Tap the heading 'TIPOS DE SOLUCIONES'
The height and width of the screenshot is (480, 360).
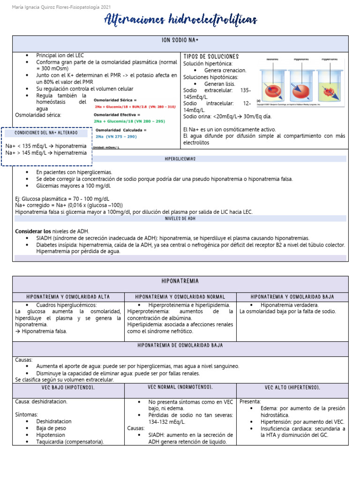pyautogui.click(x=211, y=56)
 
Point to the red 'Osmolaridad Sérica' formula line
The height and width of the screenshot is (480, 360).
pyautogui.click(x=135, y=107)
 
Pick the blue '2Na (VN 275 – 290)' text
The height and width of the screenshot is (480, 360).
pyautogui.click(x=116, y=136)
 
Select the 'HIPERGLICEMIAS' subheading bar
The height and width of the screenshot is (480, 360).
pyautogui.click(x=180, y=159)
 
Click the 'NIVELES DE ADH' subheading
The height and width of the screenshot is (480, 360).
pyautogui.click(x=180, y=218)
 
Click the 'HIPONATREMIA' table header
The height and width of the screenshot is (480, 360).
pyautogui.click(x=180, y=281)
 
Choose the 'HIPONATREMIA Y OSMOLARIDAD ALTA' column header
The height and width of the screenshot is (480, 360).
pyautogui.click(x=68, y=297)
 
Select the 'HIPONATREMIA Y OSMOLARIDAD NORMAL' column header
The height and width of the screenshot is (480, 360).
pyautogui.click(x=180, y=297)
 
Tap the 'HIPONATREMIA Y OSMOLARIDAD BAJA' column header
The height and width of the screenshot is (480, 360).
pyautogui.click(x=292, y=297)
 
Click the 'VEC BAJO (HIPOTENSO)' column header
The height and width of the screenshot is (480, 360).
pyautogui.click(x=68, y=388)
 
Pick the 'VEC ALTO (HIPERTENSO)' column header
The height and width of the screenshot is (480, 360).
pyautogui.click(x=292, y=388)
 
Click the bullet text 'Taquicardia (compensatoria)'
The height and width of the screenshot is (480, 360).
pyautogui.click(x=70, y=442)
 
